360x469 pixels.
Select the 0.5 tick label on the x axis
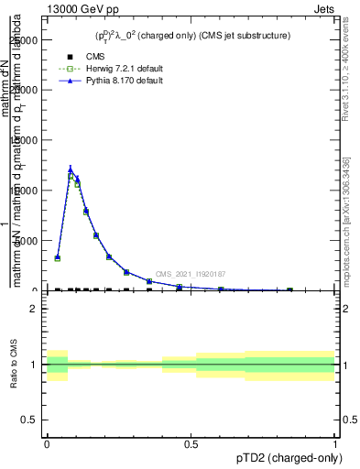pyautogui.click(x=191, y=443)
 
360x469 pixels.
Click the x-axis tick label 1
pyautogui.click(x=335, y=443)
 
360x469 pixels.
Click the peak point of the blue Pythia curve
pyautogui.click(x=71, y=169)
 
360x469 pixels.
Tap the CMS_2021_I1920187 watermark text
pyautogui.click(x=190, y=274)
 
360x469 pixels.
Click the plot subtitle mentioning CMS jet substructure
pyautogui.click(x=192, y=36)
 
